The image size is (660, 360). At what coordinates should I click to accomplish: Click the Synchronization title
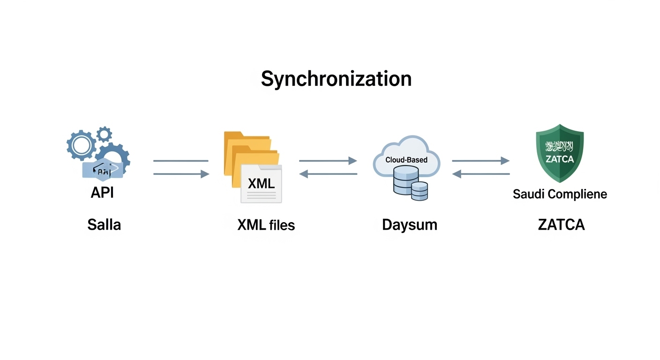click(336, 79)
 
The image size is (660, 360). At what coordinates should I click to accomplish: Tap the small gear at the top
click(104, 134)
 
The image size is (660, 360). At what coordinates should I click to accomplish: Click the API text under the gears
click(102, 192)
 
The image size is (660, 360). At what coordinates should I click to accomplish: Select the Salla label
click(104, 225)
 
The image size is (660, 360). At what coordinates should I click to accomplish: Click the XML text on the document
click(261, 183)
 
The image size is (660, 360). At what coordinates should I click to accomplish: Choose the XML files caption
click(266, 225)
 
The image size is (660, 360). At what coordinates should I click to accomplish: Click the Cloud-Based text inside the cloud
click(406, 160)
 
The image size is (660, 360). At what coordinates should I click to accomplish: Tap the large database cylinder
click(405, 180)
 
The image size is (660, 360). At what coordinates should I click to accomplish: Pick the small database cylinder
click(420, 191)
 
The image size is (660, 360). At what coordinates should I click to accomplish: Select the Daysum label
click(409, 225)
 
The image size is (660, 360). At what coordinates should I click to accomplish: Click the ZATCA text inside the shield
click(560, 159)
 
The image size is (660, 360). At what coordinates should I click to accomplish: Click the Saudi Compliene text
click(560, 194)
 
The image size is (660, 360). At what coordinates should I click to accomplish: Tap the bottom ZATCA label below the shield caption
click(561, 225)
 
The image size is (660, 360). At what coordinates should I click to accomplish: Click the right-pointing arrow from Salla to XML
click(181, 174)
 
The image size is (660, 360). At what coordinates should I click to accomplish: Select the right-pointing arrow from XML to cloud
click(328, 161)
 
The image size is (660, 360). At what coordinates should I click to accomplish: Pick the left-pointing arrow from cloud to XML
click(328, 174)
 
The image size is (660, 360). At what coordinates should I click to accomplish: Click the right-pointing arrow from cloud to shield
click(480, 161)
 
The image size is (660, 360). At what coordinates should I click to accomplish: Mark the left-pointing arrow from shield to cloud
click(480, 174)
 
